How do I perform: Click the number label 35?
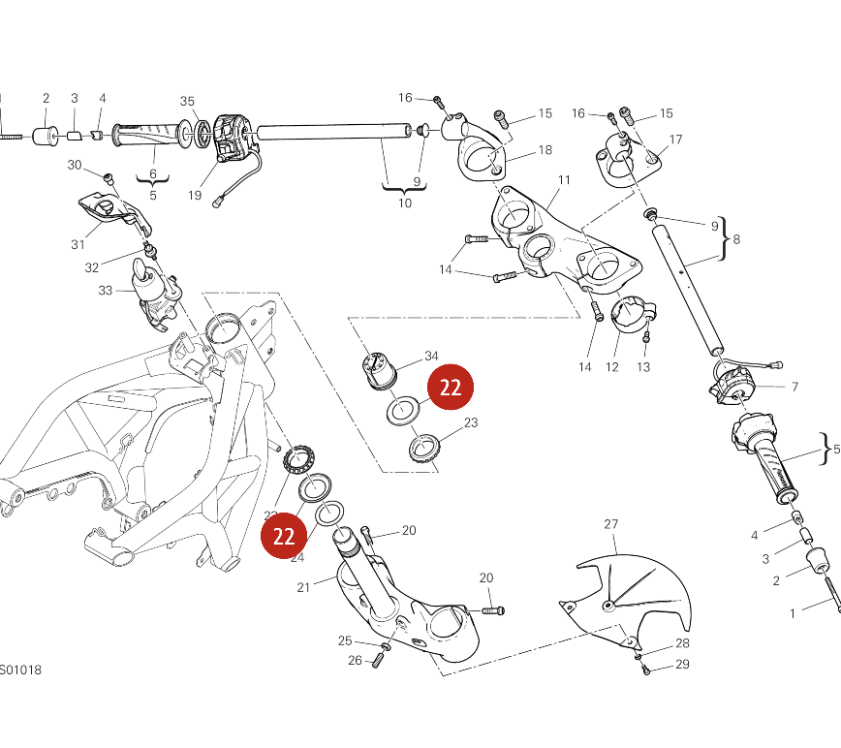(188, 101)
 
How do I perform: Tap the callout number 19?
(195, 195)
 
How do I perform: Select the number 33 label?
(106, 290)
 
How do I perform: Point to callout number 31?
(78, 244)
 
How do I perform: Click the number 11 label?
(564, 180)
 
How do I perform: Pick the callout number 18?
(545, 149)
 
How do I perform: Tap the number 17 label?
(675, 140)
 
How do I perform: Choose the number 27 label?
(610, 524)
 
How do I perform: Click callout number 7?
(794, 387)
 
